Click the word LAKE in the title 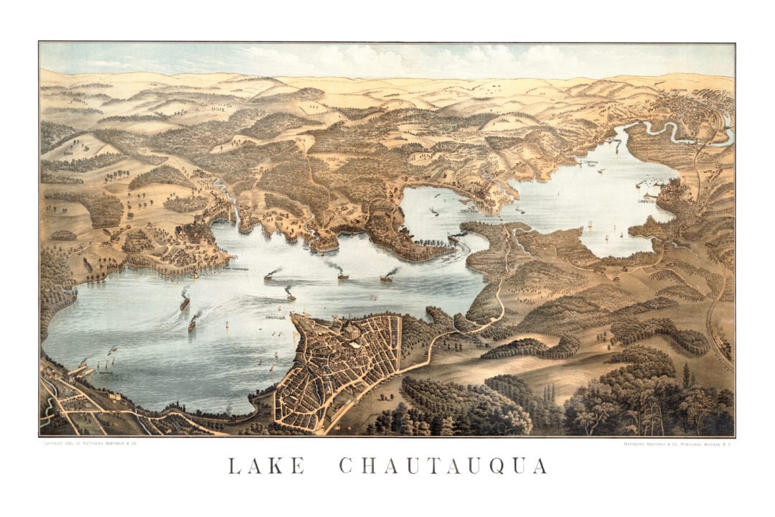pos(266,465)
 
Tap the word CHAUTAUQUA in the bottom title pos(443,465)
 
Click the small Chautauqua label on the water pos(276,317)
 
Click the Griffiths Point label pos(591,163)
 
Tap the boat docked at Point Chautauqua pos(194,274)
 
